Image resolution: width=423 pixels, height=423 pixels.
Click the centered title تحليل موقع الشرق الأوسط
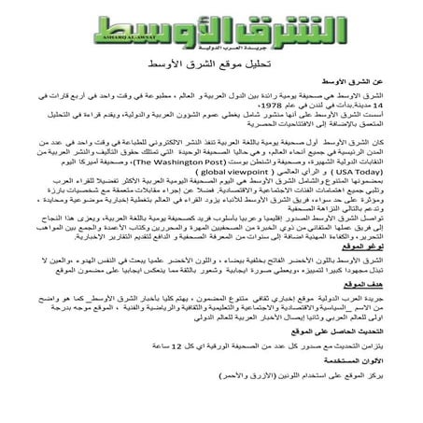(x=211, y=68)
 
